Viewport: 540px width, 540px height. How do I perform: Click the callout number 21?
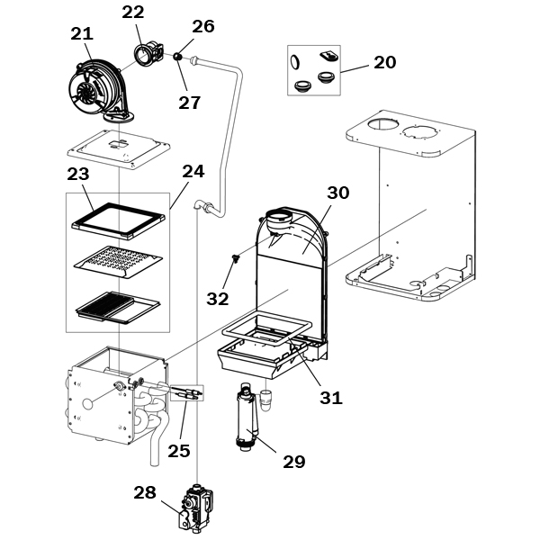point(82,34)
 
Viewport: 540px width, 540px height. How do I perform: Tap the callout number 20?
point(385,62)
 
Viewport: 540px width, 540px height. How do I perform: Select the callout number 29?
point(294,462)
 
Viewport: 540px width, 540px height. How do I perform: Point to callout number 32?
point(218,299)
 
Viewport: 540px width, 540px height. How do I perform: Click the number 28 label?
point(145,493)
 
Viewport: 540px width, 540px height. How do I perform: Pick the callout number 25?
point(179,451)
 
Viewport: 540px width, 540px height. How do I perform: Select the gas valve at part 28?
point(195,508)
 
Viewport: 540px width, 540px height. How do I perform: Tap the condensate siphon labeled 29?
point(247,418)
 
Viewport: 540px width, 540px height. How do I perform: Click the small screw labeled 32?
point(235,259)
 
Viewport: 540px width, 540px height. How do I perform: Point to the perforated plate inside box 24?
point(118,262)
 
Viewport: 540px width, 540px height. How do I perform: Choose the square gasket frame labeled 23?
point(118,220)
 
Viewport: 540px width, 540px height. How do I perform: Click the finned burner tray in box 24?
point(118,308)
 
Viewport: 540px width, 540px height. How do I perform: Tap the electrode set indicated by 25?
point(186,392)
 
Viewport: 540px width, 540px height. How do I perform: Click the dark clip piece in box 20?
point(329,56)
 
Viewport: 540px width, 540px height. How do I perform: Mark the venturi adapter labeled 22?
point(149,53)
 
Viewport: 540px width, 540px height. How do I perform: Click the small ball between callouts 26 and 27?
point(177,56)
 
